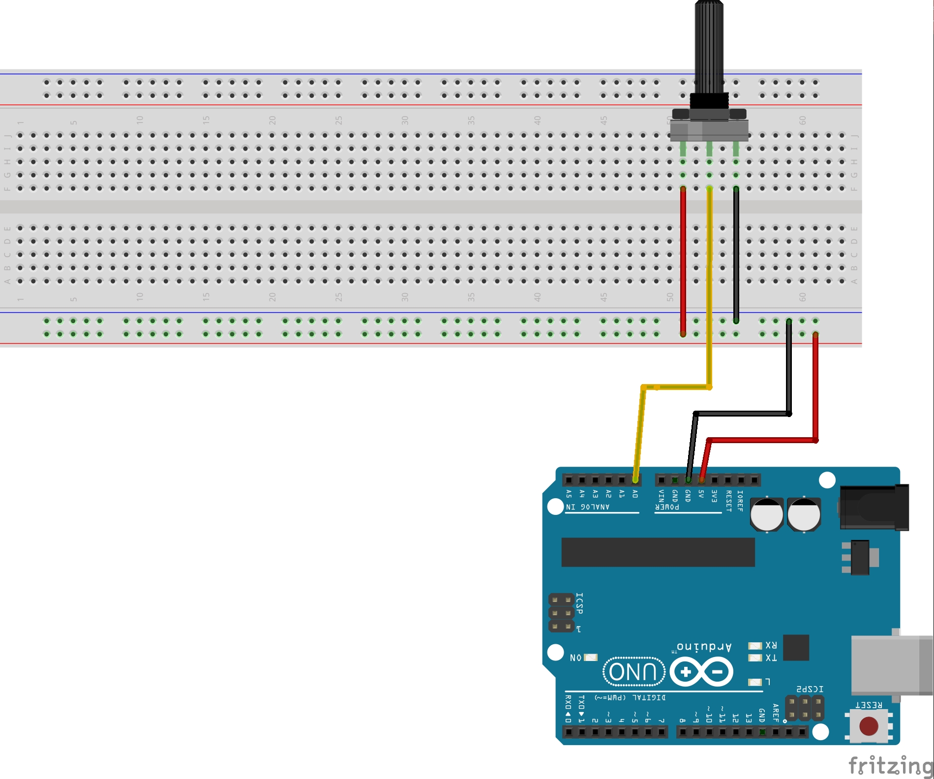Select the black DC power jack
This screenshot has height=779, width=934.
click(874, 507)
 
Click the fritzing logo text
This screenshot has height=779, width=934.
click(890, 766)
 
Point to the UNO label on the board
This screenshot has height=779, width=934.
click(633, 672)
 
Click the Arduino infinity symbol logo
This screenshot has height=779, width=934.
click(701, 672)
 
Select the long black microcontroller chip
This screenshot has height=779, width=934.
click(658, 552)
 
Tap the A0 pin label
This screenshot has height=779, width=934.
click(635, 494)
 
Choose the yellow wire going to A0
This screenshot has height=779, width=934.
click(709, 295)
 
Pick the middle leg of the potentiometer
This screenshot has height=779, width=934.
click(709, 149)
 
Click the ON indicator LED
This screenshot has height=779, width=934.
click(590, 658)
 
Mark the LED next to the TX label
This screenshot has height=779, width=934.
click(754, 658)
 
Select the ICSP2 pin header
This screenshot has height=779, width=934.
click(804, 708)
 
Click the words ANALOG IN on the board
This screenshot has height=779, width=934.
click(588, 507)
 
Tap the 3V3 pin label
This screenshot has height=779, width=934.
click(715, 495)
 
